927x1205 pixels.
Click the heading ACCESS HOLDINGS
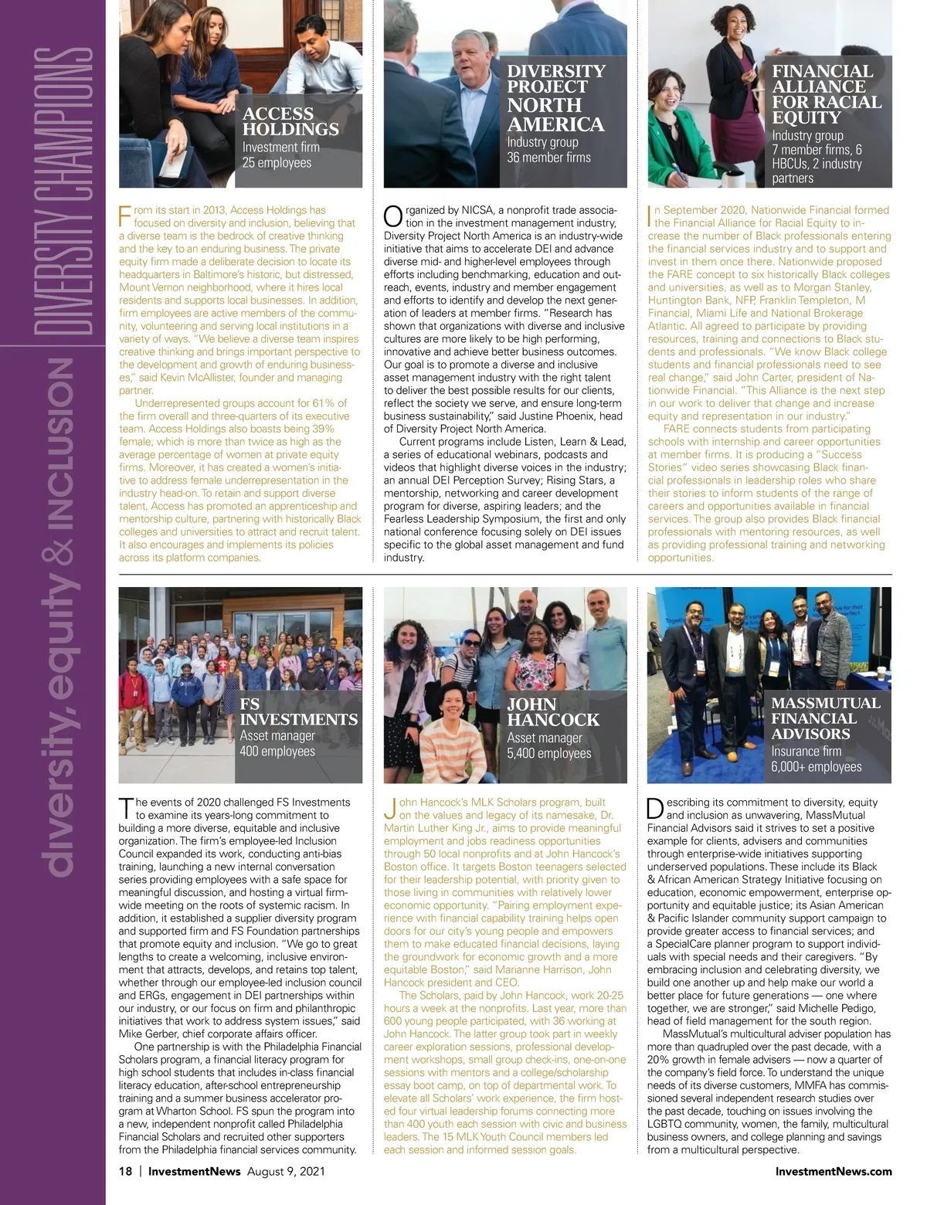click(x=290, y=121)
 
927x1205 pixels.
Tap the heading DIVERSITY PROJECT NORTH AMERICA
click(x=555, y=97)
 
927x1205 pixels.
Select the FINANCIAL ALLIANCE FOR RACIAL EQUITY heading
click(x=827, y=94)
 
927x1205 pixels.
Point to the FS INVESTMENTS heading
click(x=298, y=711)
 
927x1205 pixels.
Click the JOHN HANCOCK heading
click(x=553, y=712)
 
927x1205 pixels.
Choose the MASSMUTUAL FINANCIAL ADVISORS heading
click(x=825, y=718)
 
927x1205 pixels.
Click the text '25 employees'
click(x=277, y=163)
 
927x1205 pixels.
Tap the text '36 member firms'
click(x=548, y=158)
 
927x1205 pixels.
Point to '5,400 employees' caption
click(x=548, y=753)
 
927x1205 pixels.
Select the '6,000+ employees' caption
click(x=816, y=767)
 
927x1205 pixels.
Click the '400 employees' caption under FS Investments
click(x=277, y=752)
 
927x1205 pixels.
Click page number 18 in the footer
click(x=125, y=1171)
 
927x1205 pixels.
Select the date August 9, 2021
click(x=286, y=1171)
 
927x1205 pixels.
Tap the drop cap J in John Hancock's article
click(x=389, y=809)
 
